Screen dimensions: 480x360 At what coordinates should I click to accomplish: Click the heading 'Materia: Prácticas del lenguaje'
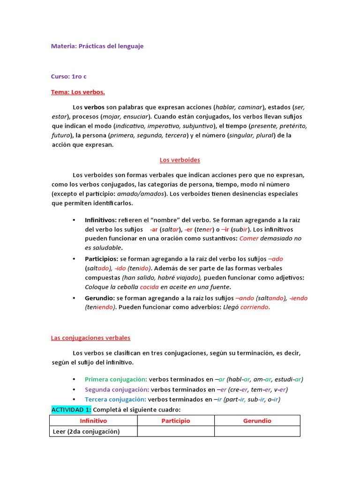(97, 46)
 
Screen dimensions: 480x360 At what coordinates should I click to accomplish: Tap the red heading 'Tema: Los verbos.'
(78, 92)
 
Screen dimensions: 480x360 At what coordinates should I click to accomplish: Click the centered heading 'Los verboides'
(180, 160)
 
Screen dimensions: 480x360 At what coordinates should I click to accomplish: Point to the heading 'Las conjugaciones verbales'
(90, 337)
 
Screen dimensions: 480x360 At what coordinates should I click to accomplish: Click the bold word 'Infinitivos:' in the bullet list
(101, 219)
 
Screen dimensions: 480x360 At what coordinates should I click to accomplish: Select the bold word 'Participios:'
(102, 259)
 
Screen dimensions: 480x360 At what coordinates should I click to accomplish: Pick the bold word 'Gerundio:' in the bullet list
(100, 298)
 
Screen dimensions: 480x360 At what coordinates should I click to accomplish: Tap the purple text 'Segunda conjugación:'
(117, 390)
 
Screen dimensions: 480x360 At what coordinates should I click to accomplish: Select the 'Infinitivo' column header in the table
(93, 421)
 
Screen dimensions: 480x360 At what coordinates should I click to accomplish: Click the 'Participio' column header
(176, 421)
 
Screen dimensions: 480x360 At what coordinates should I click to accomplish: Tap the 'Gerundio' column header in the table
(257, 421)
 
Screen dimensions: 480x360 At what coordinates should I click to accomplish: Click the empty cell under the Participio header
(176, 431)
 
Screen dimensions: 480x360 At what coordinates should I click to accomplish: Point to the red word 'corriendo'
(255, 307)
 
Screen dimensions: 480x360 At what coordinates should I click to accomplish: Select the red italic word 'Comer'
(249, 238)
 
